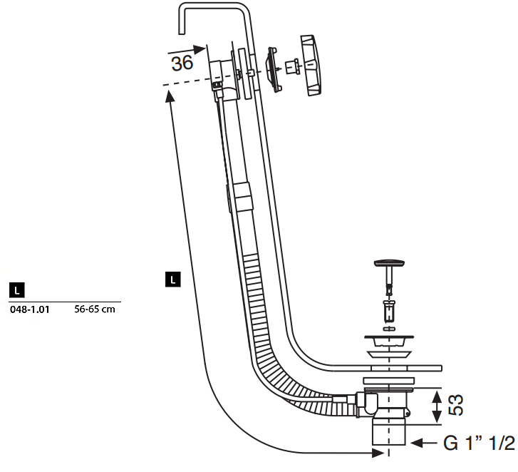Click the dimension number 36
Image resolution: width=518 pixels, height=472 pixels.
[182, 63]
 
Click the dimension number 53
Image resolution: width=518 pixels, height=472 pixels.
[456, 405]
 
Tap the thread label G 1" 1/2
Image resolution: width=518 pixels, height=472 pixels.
[479, 443]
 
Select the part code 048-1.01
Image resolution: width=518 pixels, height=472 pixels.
[30, 309]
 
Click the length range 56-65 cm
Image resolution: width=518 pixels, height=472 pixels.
[95, 309]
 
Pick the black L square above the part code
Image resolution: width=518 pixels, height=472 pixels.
[17, 290]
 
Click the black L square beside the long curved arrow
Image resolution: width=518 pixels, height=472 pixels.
[172, 279]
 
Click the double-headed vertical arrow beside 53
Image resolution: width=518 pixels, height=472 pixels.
[437, 407]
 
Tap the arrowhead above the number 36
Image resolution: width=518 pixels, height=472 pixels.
[200, 50]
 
